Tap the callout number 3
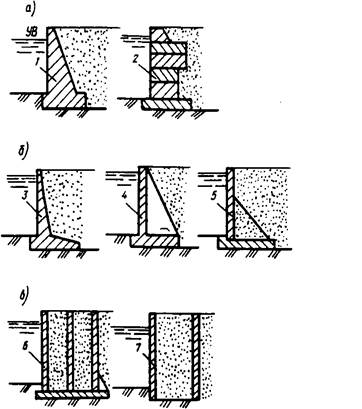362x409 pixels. pos(24,195)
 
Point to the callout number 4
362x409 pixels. pos(124,195)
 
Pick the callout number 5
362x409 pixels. pos(214,196)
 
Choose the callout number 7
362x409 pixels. pos(138,349)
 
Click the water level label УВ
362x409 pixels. pos(33,32)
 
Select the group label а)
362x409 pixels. pos(30,10)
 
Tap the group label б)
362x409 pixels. pos(24,152)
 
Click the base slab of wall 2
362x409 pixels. pos(166,104)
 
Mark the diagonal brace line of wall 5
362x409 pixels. pos(252,218)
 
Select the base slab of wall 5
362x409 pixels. pos(246,244)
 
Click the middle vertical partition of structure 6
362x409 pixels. pos(70,352)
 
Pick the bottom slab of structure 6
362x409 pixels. pos(72,395)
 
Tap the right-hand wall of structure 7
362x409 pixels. pos(196,356)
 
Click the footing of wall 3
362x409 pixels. pos(55,242)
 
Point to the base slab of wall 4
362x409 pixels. pos(154,241)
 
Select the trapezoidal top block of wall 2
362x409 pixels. pos(159,35)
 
